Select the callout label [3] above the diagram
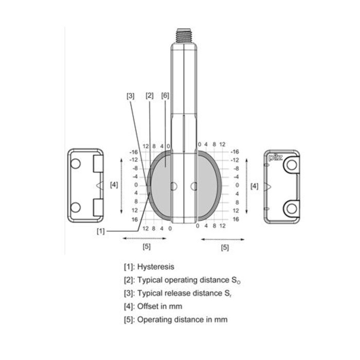pyautogui.click(x=131, y=96)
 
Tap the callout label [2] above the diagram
pyautogui.click(x=149, y=96)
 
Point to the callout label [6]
pyautogui.click(x=165, y=96)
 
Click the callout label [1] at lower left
pyautogui.click(x=101, y=231)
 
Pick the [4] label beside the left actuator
pyautogui.click(x=114, y=185)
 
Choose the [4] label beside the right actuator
pyautogui.click(x=254, y=186)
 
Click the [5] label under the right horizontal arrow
pyautogui.click(x=225, y=248)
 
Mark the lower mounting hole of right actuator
pyautogui.click(x=292, y=208)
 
